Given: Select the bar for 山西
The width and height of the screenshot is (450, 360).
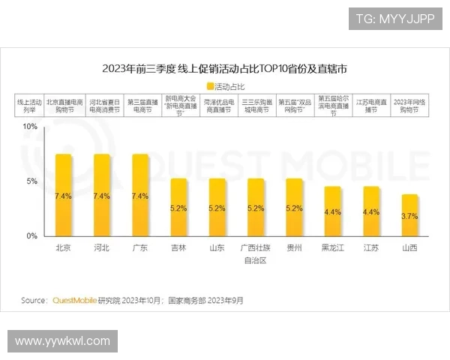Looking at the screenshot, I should tap(409, 215).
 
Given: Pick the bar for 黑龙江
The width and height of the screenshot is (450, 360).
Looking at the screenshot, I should tap(332, 211).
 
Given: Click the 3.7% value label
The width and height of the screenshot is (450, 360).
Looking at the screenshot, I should tap(409, 216).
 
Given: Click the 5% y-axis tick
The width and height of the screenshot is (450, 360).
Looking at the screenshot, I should tap(31, 181).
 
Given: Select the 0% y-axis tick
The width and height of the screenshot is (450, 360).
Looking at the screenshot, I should tap(31, 236).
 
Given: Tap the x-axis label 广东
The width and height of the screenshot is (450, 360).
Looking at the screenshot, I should tap(139, 247).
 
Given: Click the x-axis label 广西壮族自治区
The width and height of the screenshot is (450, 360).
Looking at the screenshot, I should tap(256, 253).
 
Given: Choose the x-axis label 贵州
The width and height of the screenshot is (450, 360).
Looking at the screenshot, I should tap(294, 247).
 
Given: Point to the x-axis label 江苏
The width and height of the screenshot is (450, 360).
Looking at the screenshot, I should tap(371, 247).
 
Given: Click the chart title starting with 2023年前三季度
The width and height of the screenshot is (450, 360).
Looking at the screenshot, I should tap(225, 69).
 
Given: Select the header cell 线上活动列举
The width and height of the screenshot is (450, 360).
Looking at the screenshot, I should tap(29, 106).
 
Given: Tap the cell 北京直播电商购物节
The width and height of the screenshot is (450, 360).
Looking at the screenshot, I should tap(64, 106).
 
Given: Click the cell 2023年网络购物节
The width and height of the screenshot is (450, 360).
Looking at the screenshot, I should tap(409, 106).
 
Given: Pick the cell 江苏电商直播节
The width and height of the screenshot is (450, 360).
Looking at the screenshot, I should tap(370, 106).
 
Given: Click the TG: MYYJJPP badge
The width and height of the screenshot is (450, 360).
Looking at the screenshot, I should tap(394, 18).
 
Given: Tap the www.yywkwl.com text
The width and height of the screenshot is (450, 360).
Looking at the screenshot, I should tap(63, 341).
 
